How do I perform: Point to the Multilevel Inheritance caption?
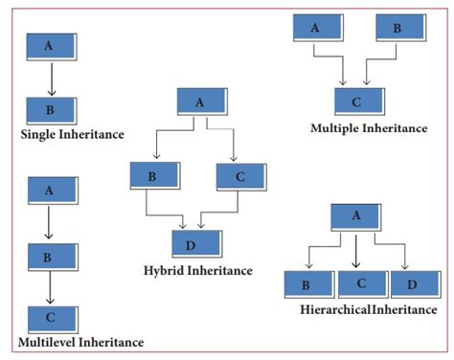pyautogui.click(x=80, y=342)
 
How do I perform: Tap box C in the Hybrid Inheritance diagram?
pyautogui.click(x=240, y=176)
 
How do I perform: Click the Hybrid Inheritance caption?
pyautogui.click(x=198, y=270)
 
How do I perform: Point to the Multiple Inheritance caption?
pyautogui.click(x=369, y=127)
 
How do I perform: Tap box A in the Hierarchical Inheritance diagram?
pyautogui.click(x=357, y=216)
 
